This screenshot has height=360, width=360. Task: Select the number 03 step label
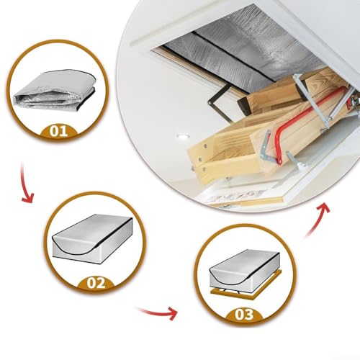pos(245,315)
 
